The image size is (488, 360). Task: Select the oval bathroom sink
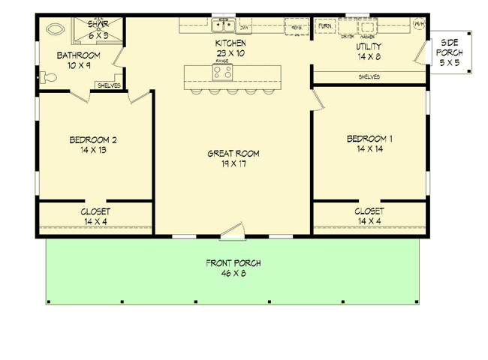pos(54,31)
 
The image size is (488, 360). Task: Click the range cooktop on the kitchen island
pos(222,73)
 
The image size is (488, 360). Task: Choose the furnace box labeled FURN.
pos(325,26)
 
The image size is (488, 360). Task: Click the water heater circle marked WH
pos(419,24)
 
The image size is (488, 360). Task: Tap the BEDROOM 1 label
pos(369,139)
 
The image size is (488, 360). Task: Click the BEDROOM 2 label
pos(92,139)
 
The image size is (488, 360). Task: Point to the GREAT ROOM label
pos(233,154)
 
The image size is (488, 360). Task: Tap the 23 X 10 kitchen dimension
pos(230,53)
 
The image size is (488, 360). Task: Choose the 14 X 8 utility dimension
pos(369,56)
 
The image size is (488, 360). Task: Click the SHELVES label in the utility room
pos(369,76)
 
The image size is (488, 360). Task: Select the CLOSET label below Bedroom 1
pos(369,211)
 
